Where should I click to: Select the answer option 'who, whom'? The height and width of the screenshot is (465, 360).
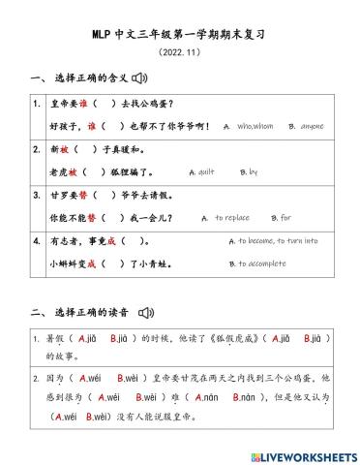coord(256,126)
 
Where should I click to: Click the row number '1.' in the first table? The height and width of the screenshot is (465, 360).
coord(36,104)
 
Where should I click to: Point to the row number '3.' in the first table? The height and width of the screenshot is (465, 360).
coord(36,195)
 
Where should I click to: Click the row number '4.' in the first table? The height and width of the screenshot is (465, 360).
coord(36,240)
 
